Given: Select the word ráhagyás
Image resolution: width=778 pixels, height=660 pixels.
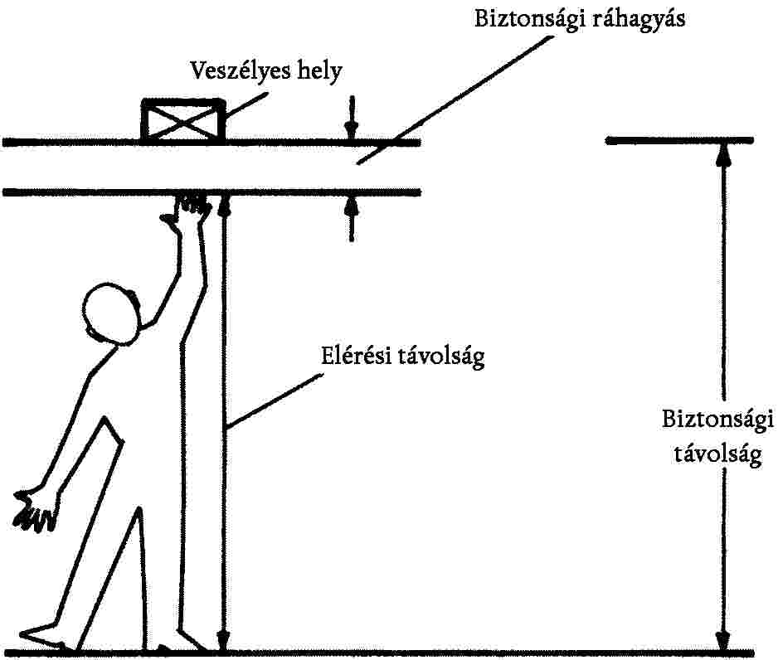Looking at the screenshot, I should coord(639,19).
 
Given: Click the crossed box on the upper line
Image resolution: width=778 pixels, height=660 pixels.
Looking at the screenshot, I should coord(183,120).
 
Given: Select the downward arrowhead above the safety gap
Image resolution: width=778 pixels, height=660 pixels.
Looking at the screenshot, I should coord(353,131).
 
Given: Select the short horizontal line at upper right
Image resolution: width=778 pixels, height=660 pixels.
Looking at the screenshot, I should coord(679,140).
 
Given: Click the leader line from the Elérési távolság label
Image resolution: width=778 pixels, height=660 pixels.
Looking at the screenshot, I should coord(274,401).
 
